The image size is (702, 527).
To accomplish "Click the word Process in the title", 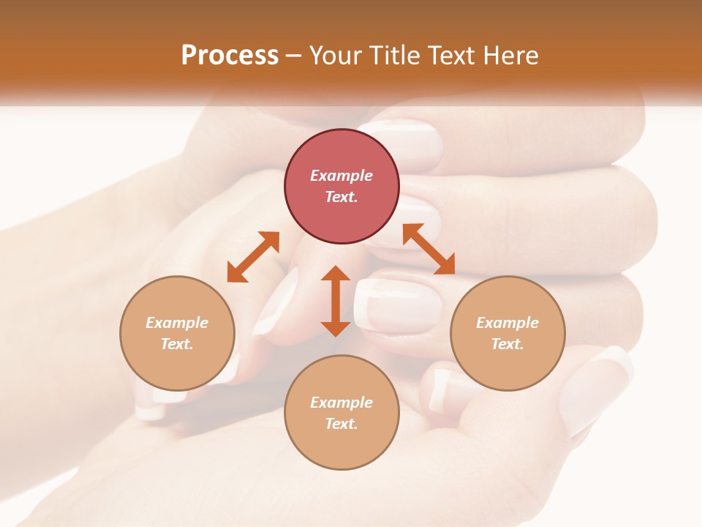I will pos(230,56).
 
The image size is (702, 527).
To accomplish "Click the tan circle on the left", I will pos(177,333).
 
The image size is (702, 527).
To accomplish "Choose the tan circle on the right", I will pos(507,333).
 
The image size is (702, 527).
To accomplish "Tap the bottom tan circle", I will pos(341,412).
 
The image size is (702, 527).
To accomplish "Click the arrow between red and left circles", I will pos(253,257).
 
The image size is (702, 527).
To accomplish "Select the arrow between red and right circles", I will pos(429,249).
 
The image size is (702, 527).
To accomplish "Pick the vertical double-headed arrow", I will pos(336,301).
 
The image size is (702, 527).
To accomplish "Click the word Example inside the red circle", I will pos(341,176).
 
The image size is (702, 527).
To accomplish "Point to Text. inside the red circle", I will pos(341,197).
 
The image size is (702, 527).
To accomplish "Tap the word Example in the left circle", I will pos(177,323).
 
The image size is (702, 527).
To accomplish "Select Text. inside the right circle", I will pos(507,344).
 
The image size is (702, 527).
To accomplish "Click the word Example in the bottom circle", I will pos(341,403).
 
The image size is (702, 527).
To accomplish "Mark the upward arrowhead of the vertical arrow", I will pos(336,274).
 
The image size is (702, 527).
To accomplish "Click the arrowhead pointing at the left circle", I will pos(235,274).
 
